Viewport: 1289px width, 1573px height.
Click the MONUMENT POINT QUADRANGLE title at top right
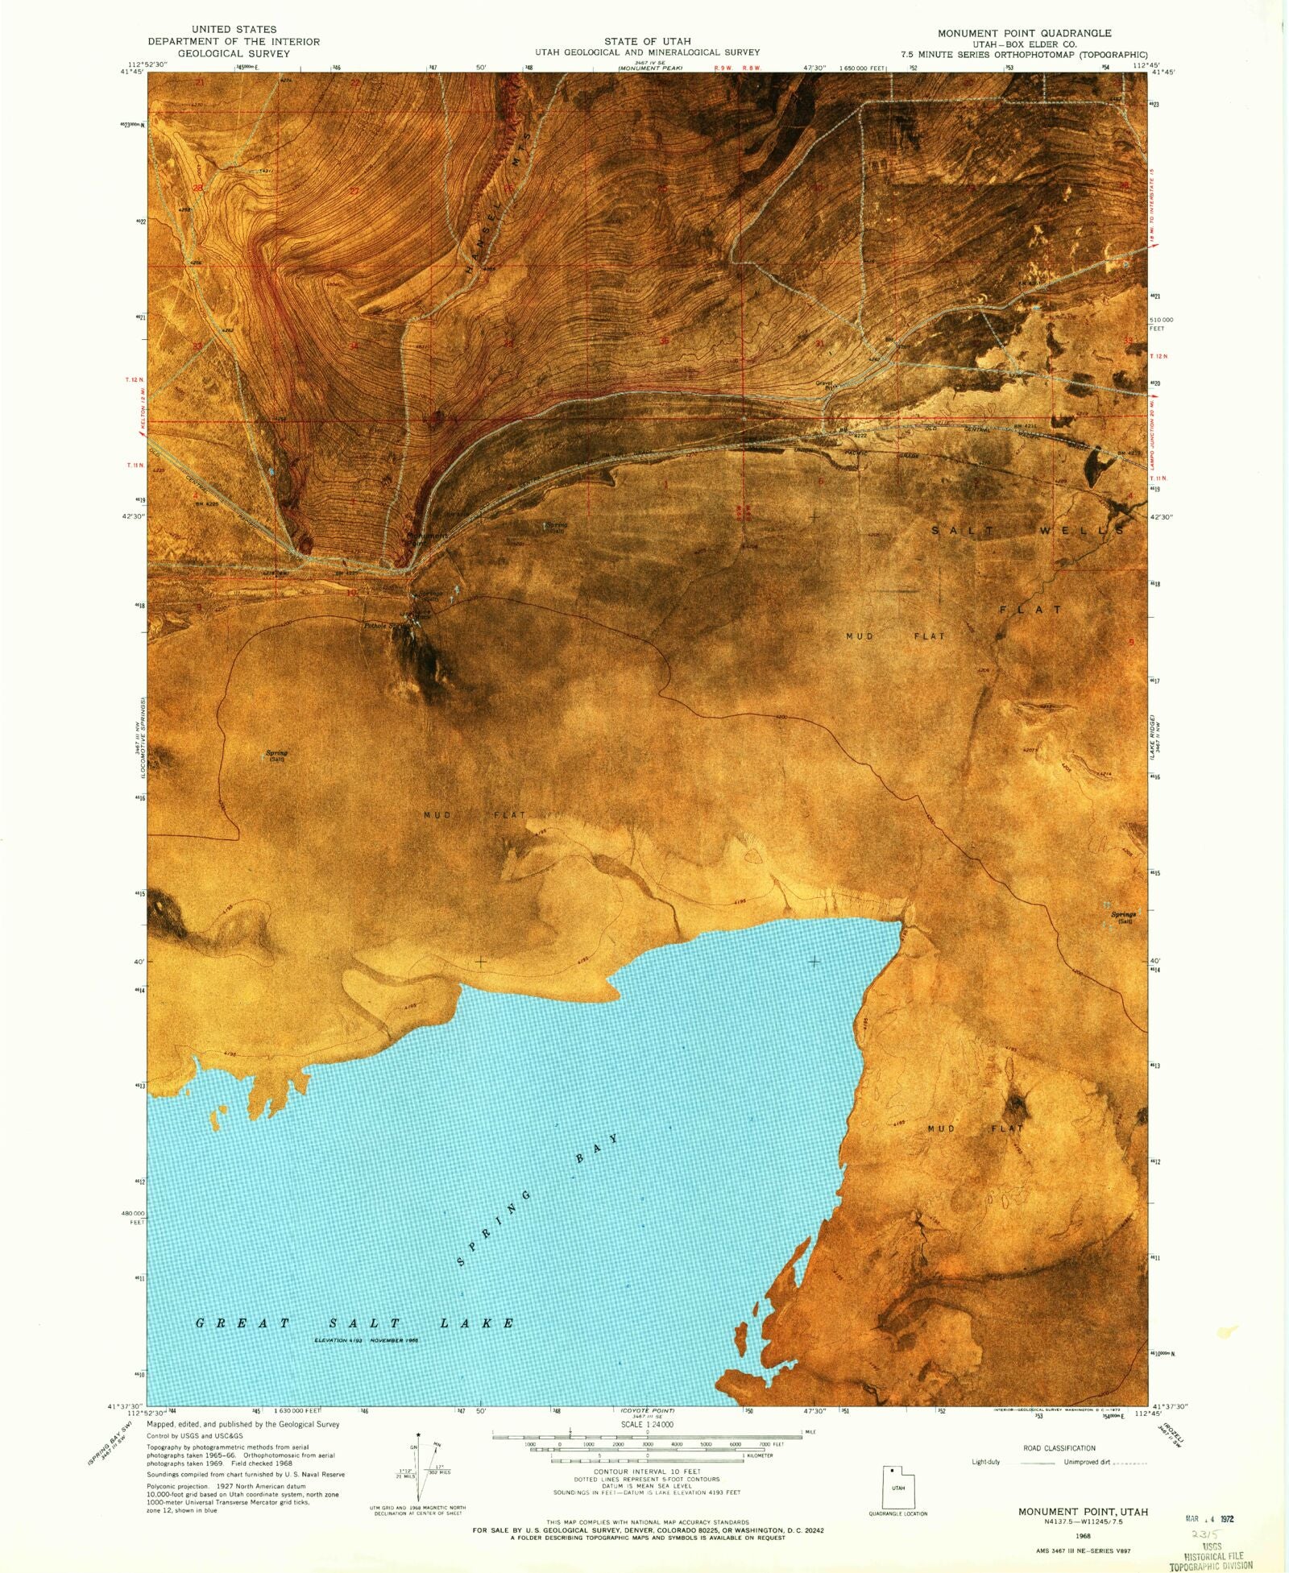pyautogui.click(x=1024, y=33)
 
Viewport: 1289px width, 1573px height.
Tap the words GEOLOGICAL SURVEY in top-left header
pyautogui.click(x=234, y=53)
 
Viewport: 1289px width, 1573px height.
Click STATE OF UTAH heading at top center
pyautogui.click(x=647, y=41)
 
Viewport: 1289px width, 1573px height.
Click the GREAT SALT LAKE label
pyautogui.click(x=355, y=1323)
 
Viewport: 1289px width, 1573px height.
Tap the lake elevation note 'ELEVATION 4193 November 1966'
pyautogui.click(x=366, y=1340)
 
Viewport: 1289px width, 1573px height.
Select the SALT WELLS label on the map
pyautogui.click(x=1027, y=531)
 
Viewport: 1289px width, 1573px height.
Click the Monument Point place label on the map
pyautogui.click(x=427, y=538)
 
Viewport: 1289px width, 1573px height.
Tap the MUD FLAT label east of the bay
pyautogui.click(x=975, y=1128)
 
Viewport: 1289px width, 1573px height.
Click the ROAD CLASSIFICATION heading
pyautogui.click(x=1059, y=1448)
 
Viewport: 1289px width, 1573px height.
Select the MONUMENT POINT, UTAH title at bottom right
pyautogui.click(x=1083, y=1512)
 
